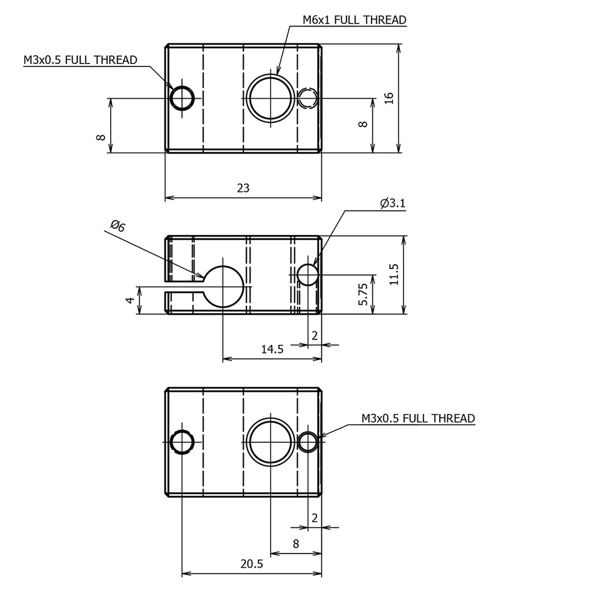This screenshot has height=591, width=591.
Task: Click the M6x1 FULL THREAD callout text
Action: pyautogui.click(x=354, y=20)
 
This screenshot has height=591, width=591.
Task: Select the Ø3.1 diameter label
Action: pyautogui.click(x=392, y=203)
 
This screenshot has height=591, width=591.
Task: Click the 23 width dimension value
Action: pyautogui.click(x=244, y=188)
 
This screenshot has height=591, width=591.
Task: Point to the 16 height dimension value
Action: pyautogui.click(x=388, y=98)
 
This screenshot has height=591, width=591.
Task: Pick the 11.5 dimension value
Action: pyautogui.click(x=394, y=275)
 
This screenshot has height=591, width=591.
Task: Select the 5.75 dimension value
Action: pyautogui.click(x=363, y=294)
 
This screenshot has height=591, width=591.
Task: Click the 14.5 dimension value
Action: pyautogui.click(x=272, y=349)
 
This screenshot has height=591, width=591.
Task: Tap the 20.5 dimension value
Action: pyautogui.click(x=252, y=564)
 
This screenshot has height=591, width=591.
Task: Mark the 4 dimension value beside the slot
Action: pyautogui.click(x=130, y=300)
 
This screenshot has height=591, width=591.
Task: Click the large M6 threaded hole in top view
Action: pyautogui.click(x=270, y=98)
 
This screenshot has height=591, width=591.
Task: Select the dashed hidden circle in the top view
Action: pyautogui.click(x=309, y=98)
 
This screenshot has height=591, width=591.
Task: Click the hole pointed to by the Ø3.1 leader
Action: pyautogui.click(x=308, y=275)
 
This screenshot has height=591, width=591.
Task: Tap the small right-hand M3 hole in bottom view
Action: pyautogui.click(x=308, y=442)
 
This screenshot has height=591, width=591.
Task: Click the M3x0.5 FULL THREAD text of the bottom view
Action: pyautogui.click(x=418, y=418)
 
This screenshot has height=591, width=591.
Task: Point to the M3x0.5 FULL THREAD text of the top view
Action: pyautogui.click(x=80, y=60)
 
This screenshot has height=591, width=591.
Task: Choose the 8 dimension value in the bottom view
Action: pyautogui.click(x=295, y=544)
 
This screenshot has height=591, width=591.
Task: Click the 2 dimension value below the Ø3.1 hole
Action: pyautogui.click(x=315, y=336)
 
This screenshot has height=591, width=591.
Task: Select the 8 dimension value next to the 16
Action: pyautogui.click(x=363, y=125)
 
